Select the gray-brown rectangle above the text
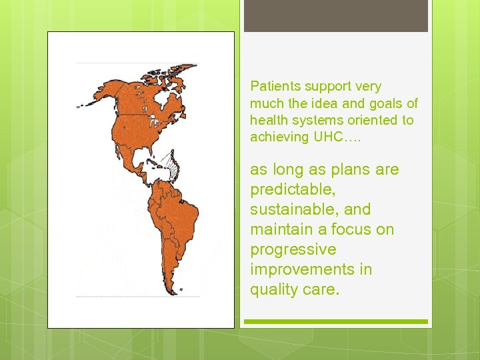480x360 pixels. [335, 15]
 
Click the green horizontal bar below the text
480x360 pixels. [335, 321]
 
